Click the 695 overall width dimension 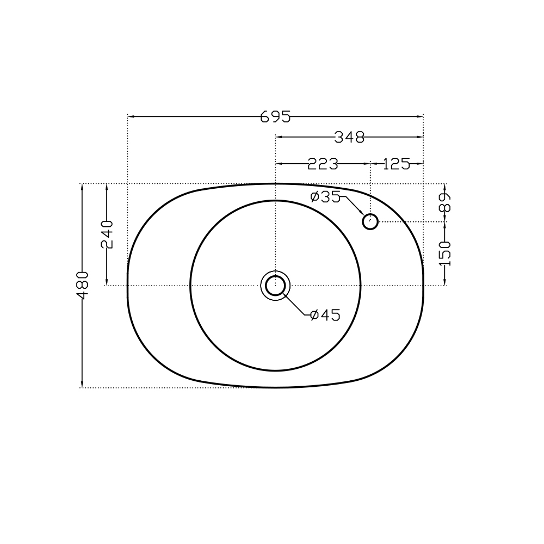pyautogui.click(x=275, y=117)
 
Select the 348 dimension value pyautogui.click(x=349, y=138)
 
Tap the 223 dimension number pyautogui.click(x=323, y=164)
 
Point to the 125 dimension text pyautogui.click(x=397, y=164)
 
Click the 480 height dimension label pyautogui.click(x=83, y=285)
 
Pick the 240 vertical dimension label pyautogui.click(x=107, y=234)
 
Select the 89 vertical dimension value pyautogui.click(x=444, y=202)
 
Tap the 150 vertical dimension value pyautogui.click(x=444, y=254)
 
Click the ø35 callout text pyautogui.click(x=325, y=197)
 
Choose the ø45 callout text pyautogui.click(x=325, y=315)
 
